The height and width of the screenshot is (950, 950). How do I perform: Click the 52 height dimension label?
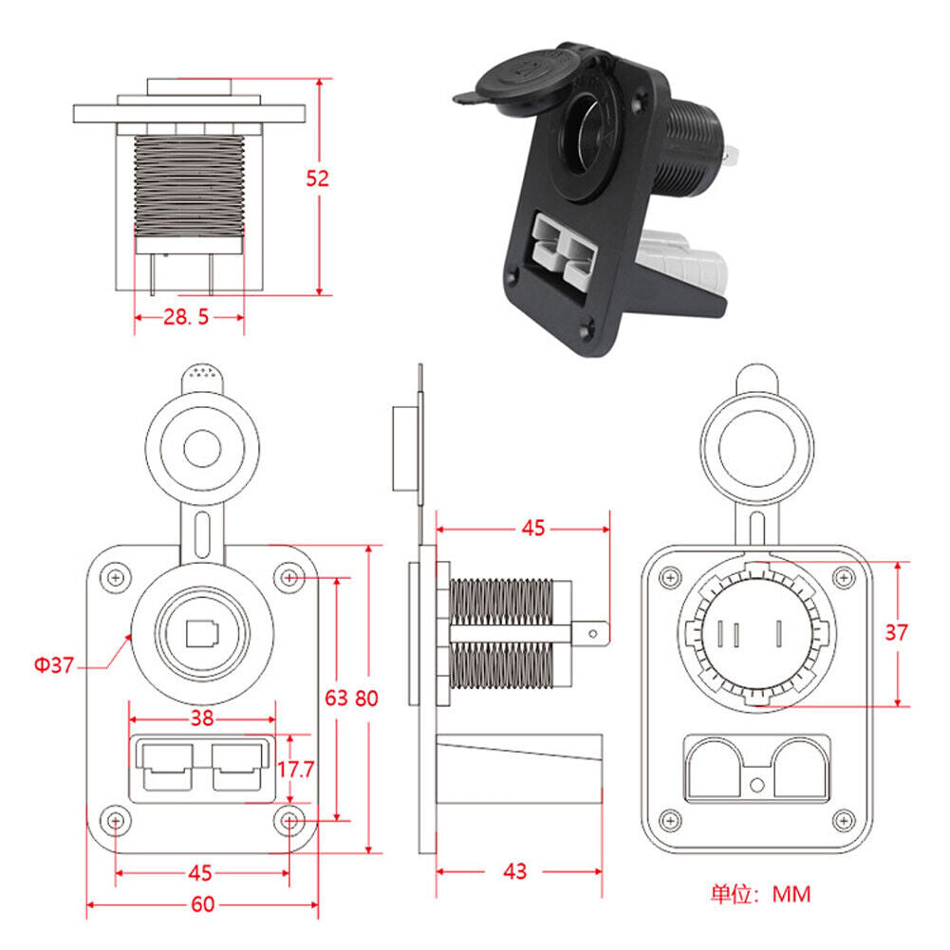point(318,177)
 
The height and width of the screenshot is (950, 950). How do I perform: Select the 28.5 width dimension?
point(186,317)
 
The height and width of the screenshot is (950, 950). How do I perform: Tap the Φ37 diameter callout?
point(54,664)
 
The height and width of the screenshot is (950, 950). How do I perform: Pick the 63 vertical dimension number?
point(336,699)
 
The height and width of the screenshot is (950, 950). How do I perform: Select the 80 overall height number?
point(366,699)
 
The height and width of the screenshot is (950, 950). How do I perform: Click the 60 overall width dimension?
point(202,903)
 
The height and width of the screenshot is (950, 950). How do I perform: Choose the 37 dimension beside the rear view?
point(895,633)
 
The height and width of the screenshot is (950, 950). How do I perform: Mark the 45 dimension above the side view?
point(534,528)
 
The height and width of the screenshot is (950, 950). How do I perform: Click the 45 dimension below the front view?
point(200,872)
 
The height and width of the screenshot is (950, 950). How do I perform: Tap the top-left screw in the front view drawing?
point(116,577)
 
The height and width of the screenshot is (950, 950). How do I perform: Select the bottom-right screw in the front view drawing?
point(289,819)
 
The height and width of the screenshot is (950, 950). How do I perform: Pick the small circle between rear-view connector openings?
point(756,785)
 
